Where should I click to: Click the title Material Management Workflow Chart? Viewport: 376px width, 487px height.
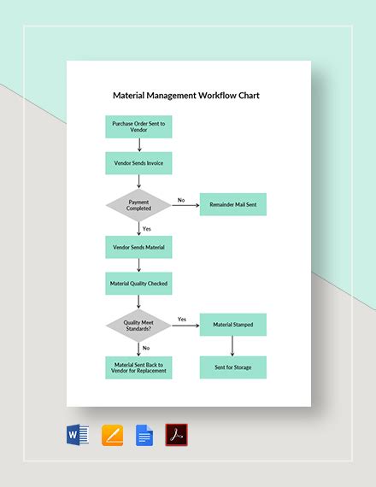click(185, 95)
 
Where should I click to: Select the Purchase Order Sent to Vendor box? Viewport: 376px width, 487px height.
click(138, 127)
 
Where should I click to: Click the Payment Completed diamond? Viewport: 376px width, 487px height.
click(138, 205)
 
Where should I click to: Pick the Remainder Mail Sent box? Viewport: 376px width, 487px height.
click(233, 205)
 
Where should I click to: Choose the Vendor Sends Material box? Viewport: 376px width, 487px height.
click(138, 247)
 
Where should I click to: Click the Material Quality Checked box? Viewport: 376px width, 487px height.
click(138, 284)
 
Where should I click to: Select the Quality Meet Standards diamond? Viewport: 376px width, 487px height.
click(138, 325)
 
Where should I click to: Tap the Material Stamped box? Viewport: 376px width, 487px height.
click(233, 325)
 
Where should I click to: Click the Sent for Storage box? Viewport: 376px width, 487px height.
click(233, 367)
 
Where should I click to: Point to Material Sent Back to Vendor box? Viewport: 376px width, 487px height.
click(138, 367)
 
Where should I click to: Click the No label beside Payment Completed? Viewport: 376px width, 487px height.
click(181, 200)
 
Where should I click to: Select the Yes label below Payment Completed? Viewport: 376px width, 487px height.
click(147, 228)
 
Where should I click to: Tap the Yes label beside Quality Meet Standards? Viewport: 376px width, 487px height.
click(181, 320)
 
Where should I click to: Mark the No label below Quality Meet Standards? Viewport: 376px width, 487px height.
click(146, 348)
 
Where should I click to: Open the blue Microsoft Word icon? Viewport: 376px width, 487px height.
click(78, 436)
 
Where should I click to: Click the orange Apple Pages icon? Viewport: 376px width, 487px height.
click(113, 436)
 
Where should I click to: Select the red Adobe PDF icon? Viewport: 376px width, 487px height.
click(176, 436)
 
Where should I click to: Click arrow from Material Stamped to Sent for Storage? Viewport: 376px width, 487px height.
click(233, 346)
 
